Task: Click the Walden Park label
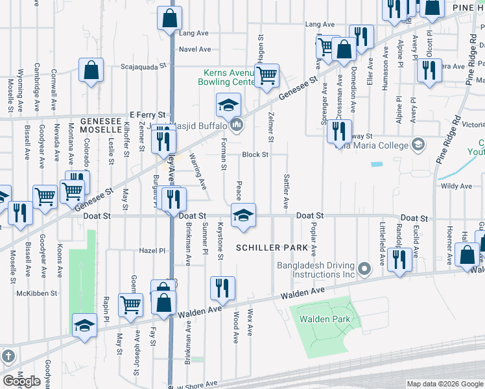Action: [324, 319]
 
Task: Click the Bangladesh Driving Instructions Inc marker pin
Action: [364, 268]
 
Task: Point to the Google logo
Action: [21, 381]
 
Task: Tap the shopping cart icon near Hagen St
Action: [266, 76]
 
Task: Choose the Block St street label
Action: [255, 155]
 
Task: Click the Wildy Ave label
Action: [457, 186]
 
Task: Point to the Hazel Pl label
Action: [153, 250]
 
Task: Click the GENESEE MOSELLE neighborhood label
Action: [101, 126]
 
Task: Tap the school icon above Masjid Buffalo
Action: [228, 105]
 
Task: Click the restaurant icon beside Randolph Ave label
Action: [401, 260]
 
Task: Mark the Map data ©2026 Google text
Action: [445, 384]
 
